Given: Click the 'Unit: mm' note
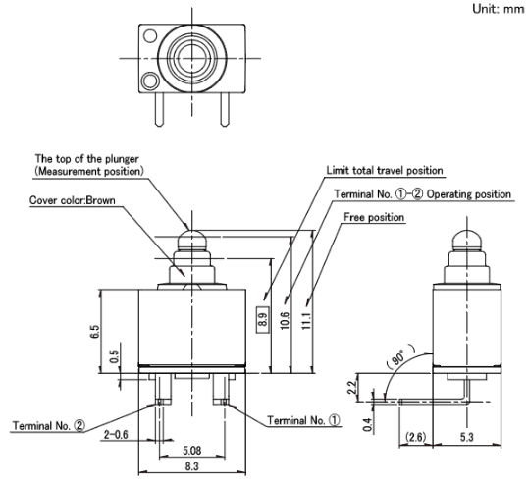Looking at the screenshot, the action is (499, 9).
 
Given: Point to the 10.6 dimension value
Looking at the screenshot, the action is (285, 320).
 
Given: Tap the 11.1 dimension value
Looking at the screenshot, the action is (306, 320).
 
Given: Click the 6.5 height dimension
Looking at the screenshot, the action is (95, 332).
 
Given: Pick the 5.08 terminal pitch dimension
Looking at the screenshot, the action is (192, 451).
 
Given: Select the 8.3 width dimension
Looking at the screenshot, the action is (191, 466).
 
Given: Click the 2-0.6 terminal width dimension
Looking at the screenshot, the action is (116, 435).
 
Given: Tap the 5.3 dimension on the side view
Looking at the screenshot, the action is (467, 437).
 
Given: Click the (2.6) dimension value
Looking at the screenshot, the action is (416, 437).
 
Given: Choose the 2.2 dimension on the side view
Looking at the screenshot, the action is (351, 387).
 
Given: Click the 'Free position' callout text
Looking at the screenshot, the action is (374, 217).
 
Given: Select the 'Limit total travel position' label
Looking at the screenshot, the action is (385, 171).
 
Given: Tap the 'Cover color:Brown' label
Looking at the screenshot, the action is (73, 200).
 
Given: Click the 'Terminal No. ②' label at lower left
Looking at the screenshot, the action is (49, 426).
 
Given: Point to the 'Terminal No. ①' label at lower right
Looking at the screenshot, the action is (303, 420).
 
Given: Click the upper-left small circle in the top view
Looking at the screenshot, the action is (150, 35).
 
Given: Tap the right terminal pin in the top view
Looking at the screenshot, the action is (225, 109).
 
